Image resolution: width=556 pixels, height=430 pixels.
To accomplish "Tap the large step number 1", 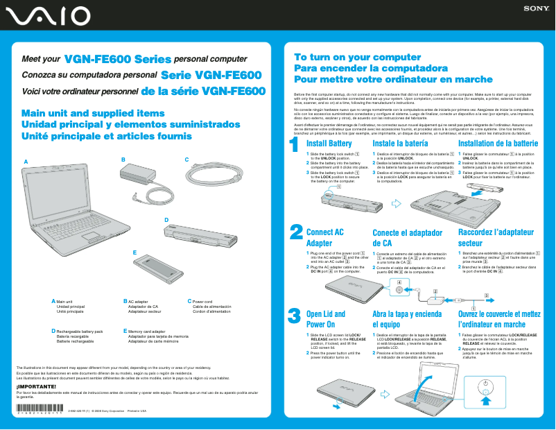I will tap(294, 145).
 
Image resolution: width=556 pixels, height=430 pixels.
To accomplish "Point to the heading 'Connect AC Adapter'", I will tap(324, 238).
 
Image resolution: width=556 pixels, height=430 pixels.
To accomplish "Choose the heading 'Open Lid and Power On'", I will tap(325, 319).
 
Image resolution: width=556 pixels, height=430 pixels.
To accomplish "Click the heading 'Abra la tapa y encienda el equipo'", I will tap(407, 319).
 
